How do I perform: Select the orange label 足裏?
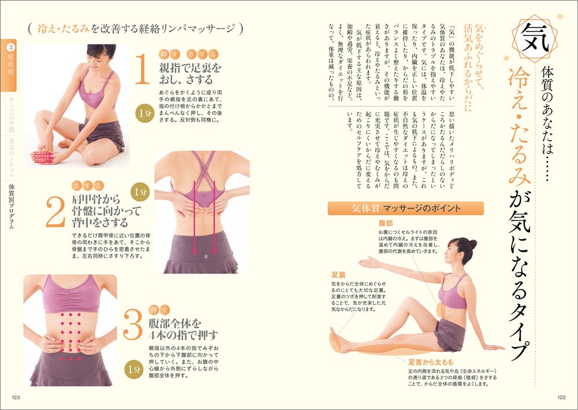point(338,275)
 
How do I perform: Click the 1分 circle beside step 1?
point(144,114)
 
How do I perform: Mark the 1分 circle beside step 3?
point(134,368)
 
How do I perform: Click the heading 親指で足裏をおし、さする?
point(191,75)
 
